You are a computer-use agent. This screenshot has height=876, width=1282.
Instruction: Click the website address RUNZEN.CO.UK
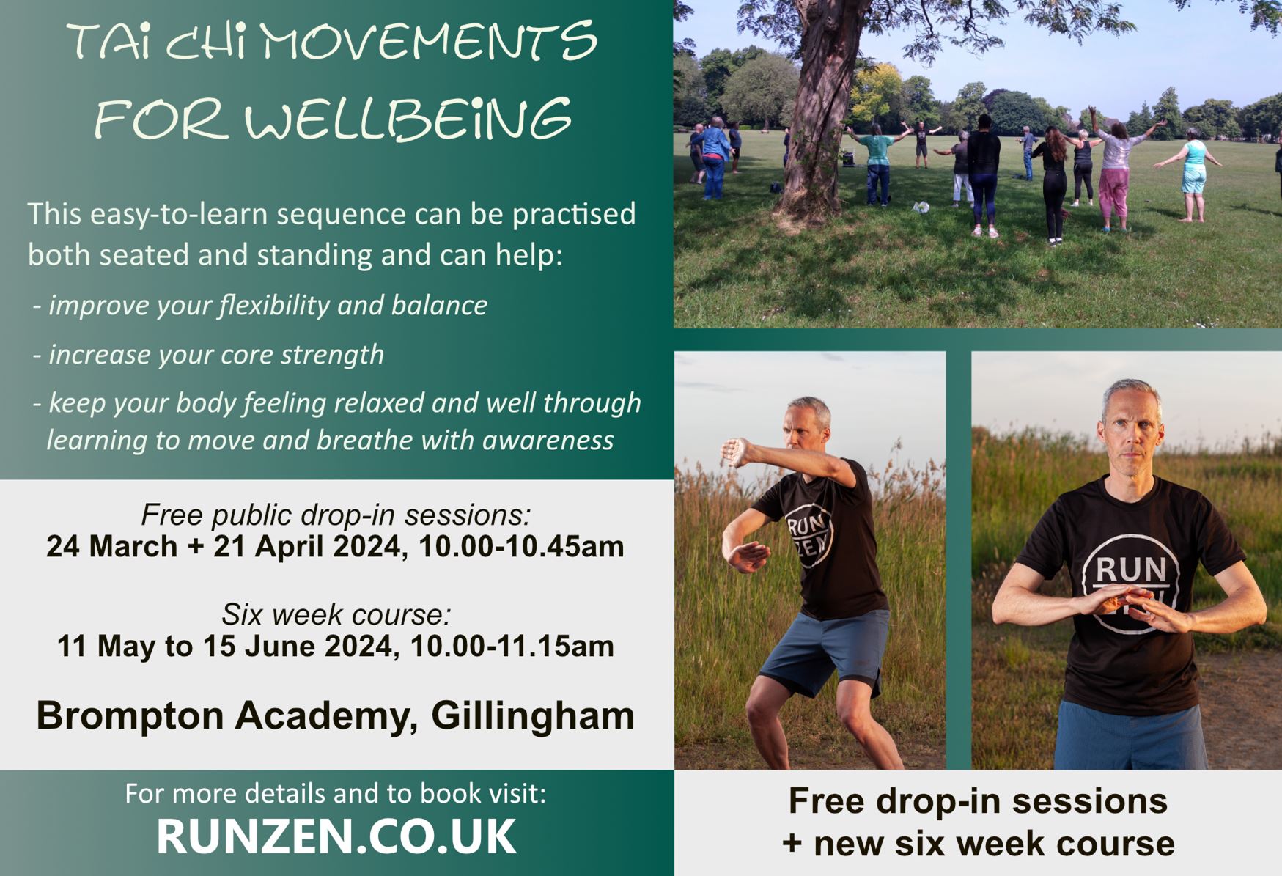336,836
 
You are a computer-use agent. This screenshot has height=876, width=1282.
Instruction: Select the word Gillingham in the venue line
533,715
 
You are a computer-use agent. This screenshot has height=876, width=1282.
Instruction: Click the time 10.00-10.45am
521,547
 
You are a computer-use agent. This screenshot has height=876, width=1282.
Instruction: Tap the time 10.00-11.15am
512,647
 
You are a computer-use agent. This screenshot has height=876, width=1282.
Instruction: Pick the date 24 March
112,547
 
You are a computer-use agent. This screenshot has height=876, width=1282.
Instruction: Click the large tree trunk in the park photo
819,110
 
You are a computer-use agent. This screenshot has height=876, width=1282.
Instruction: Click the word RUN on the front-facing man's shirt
1130,570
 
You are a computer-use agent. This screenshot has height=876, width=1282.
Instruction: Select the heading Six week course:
336,614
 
